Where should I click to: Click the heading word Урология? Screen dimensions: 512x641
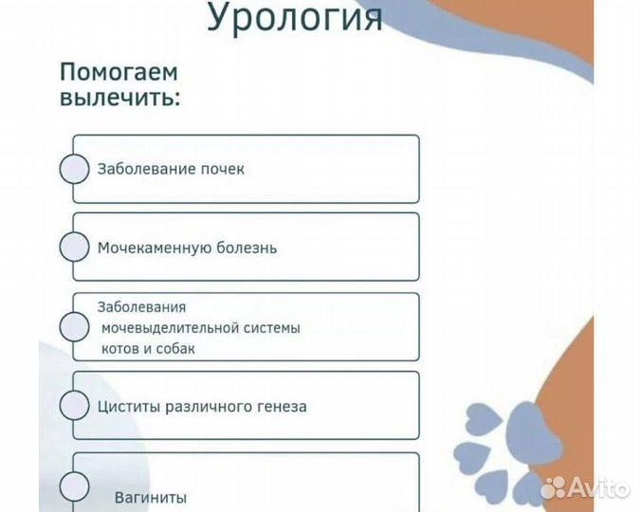pyautogui.click(x=295, y=16)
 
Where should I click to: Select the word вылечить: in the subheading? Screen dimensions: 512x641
pyautogui.click(x=119, y=98)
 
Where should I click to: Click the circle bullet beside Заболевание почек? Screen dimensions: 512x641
pyautogui.click(x=74, y=169)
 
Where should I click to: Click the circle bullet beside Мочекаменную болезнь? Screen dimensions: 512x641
pyautogui.click(x=74, y=247)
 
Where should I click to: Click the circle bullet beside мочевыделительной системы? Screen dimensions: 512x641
pyautogui.click(x=74, y=327)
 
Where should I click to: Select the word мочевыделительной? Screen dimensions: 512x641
pyautogui.click(x=174, y=328)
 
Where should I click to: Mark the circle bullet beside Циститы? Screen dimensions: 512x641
pyautogui.click(x=74, y=406)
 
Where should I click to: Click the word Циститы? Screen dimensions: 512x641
pyautogui.click(x=128, y=407)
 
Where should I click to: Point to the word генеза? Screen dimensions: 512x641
pyautogui.click(x=280, y=407)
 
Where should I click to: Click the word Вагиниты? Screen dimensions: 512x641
pyautogui.click(x=150, y=497)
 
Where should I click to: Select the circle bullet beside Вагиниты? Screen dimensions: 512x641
pyautogui.click(x=74, y=487)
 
